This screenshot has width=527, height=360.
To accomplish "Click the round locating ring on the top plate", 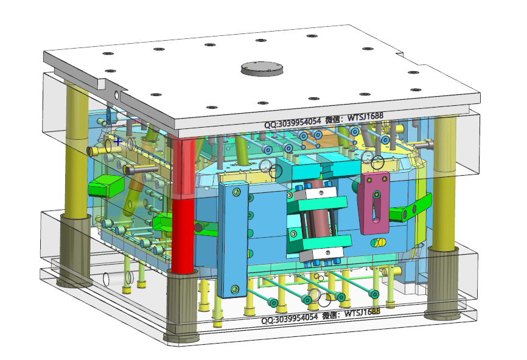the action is pos(262,69).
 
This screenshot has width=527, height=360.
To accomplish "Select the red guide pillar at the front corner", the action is pos(183,205).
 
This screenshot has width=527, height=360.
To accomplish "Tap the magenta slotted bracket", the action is pos(374,202).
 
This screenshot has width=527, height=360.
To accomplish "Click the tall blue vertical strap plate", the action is pos(233,240).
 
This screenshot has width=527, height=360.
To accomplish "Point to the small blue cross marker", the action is pos(117,141).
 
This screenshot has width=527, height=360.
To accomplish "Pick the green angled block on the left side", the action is pos(106,185).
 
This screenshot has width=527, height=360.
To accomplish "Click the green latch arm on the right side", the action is pos(410,208).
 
